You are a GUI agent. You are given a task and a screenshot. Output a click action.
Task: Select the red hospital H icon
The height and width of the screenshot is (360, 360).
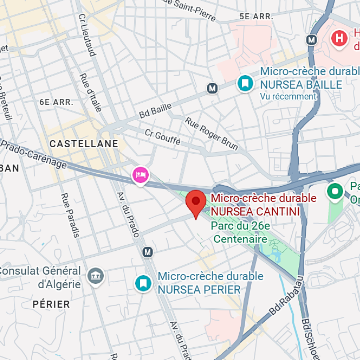pyautogui.click(x=340, y=38)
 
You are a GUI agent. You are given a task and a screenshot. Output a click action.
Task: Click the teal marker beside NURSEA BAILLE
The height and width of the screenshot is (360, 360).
pyautogui.click(x=244, y=83)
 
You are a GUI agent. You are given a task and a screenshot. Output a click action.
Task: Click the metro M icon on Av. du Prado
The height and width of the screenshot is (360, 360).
pyautogui.click(x=147, y=252)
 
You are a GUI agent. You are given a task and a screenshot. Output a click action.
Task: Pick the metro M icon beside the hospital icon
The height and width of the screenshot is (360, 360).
pyautogui.click(x=312, y=39)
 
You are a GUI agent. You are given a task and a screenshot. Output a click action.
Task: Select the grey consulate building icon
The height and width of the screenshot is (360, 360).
pyautogui.click(x=95, y=275)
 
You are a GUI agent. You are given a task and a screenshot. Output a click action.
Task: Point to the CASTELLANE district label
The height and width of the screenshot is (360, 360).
pyautogui.click(x=84, y=144)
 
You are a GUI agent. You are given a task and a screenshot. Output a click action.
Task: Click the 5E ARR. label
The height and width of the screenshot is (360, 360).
pyautogui.click(x=256, y=16)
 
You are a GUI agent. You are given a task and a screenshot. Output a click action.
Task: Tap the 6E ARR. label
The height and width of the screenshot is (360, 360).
pyautogui.click(x=56, y=102)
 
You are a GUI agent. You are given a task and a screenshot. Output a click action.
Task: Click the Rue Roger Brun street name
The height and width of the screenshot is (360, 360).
pyautogui.click(x=211, y=134)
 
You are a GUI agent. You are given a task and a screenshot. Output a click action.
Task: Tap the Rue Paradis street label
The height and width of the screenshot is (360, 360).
pyautogui.click(x=70, y=215)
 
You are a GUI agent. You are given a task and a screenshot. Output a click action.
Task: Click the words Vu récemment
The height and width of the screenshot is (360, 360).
pyautogui.click(x=288, y=97)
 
